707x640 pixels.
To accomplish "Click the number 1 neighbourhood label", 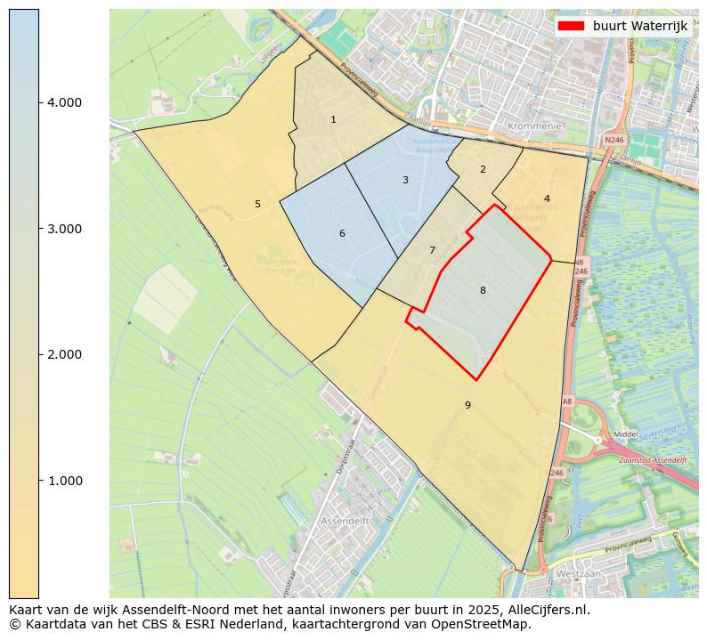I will pos(333,119).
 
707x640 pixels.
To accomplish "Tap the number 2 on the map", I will pos(483,169).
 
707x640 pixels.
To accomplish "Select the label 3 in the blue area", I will pos(405,180).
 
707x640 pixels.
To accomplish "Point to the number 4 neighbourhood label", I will pos(547,198).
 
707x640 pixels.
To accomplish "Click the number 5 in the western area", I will pos(257,204).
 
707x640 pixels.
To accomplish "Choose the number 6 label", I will pos(342,234).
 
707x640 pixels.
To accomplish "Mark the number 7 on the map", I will pos(432,250).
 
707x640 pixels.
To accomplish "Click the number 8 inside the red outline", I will pos(483,290).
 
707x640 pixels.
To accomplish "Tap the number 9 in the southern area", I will pos(467,405).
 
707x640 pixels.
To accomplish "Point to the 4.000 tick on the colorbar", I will pos(63,102).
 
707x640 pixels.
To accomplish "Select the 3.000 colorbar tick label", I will pos(63,229).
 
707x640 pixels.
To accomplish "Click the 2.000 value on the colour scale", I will pos(63,354).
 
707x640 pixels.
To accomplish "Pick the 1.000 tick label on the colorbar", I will pos(63,481).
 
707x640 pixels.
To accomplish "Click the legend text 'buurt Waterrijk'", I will pos(639,26).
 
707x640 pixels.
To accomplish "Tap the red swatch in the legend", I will pos(571,26).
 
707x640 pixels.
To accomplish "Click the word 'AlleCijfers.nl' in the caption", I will pos(547,611).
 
